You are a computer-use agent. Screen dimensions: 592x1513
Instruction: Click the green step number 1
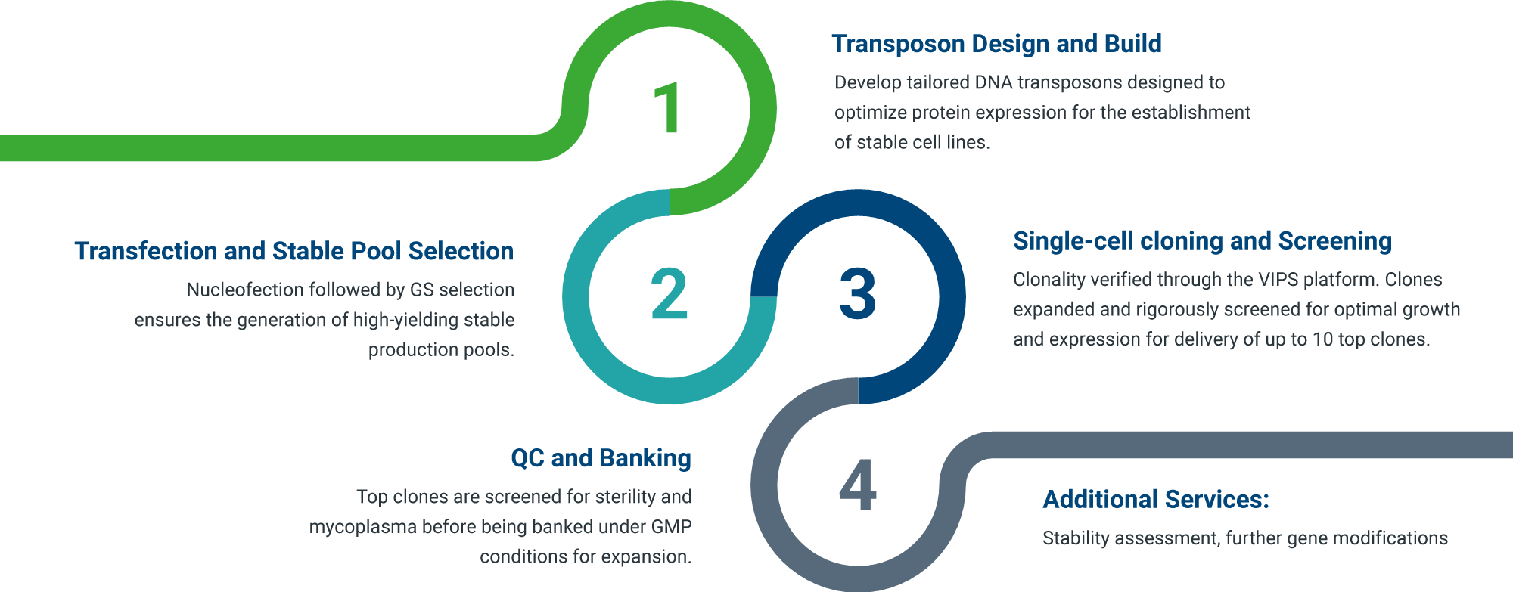click(x=669, y=108)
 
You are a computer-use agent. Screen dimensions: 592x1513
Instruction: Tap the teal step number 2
click(x=669, y=293)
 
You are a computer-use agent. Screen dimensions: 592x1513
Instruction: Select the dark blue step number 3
click(x=857, y=293)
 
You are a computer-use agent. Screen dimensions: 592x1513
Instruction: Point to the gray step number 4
click(x=857, y=485)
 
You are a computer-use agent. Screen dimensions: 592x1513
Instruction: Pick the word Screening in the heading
click(x=1334, y=241)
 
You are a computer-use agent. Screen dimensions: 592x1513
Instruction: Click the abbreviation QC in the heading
click(x=527, y=458)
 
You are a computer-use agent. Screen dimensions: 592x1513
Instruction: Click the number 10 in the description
click(x=1322, y=339)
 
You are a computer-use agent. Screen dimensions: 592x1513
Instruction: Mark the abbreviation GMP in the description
click(x=671, y=527)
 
